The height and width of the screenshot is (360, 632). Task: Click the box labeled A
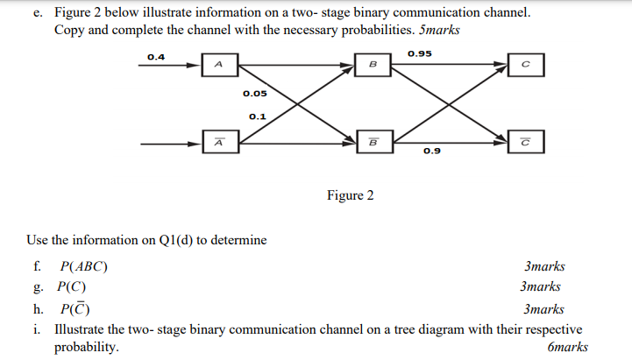tap(219, 64)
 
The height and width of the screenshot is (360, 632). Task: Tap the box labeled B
tap(373, 64)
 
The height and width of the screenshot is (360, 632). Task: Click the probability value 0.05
tap(255, 93)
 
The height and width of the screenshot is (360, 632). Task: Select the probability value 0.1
tap(258, 115)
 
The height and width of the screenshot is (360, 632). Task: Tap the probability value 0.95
tap(420, 54)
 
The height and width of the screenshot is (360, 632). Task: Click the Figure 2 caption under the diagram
tap(350, 195)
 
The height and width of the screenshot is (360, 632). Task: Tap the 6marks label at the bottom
tap(566, 347)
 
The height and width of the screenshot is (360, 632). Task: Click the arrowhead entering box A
tap(197, 64)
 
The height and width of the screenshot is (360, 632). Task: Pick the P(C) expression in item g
tap(72, 286)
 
